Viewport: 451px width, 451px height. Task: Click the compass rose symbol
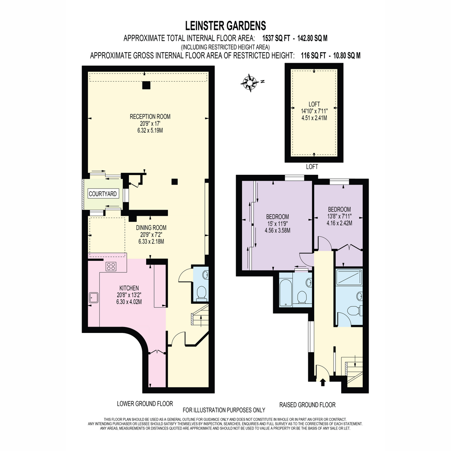(x=250, y=83)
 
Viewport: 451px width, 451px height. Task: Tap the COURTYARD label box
(x=103, y=194)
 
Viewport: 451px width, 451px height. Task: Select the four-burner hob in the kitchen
(x=111, y=266)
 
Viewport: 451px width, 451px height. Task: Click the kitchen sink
(x=94, y=297)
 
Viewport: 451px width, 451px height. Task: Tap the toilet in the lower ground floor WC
(x=201, y=294)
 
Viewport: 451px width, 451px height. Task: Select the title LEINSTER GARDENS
(x=225, y=26)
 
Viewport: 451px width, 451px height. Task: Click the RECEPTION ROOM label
(x=150, y=116)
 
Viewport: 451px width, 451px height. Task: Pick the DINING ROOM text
(x=151, y=227)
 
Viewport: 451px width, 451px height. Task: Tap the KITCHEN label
(x=129, y=288)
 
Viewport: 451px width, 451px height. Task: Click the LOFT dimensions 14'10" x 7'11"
(x=314, y=111)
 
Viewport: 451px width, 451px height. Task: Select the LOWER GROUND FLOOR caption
(x=145, y=404)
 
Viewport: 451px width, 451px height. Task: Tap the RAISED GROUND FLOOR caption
(x=307, y=405)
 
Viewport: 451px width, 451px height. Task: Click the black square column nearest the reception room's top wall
(x=146, y=85)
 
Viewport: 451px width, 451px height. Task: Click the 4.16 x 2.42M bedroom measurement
(x=339, y=223)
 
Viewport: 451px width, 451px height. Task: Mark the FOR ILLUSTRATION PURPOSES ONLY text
(x=224, y=410)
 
